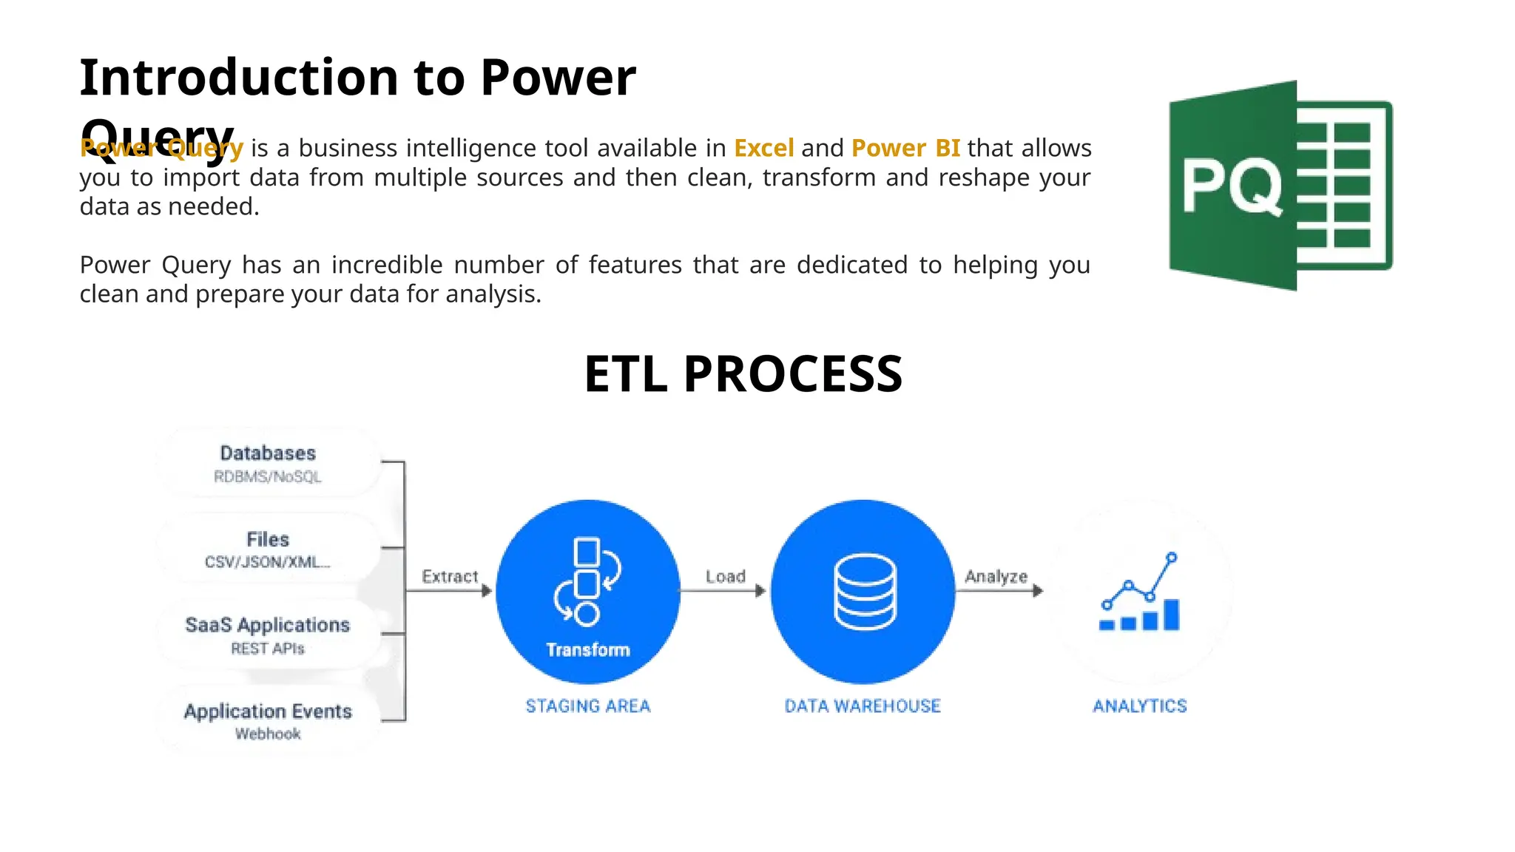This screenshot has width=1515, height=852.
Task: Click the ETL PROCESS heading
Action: (x=743, y=374)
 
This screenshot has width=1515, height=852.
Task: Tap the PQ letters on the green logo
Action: (x=1231, y=188)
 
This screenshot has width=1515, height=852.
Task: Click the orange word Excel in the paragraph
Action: (x=763, y=148)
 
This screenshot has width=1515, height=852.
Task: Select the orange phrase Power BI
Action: (x=905, y=148)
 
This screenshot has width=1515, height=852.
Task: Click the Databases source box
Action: (x=268, y=463)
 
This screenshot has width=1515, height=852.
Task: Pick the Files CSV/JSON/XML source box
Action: (x=268, y=549)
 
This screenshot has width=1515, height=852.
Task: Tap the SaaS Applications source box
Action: (x=268, y=635)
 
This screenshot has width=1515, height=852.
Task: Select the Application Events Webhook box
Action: (x=268, y=720)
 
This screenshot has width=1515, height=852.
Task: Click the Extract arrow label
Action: (x=450, y=576)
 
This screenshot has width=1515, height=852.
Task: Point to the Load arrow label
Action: (x=725, y=576)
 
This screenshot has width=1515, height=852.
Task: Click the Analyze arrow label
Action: (x=996, y=576)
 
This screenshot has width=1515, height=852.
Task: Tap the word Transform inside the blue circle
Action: (x=588, y=649)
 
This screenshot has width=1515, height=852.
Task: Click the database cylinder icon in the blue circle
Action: (x=865, y=592)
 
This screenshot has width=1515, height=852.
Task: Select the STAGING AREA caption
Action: (x=588, y=706)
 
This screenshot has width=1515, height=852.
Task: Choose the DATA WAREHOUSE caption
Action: (x=863, y=706)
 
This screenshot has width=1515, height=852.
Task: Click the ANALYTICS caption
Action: (x=1140, y=706)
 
